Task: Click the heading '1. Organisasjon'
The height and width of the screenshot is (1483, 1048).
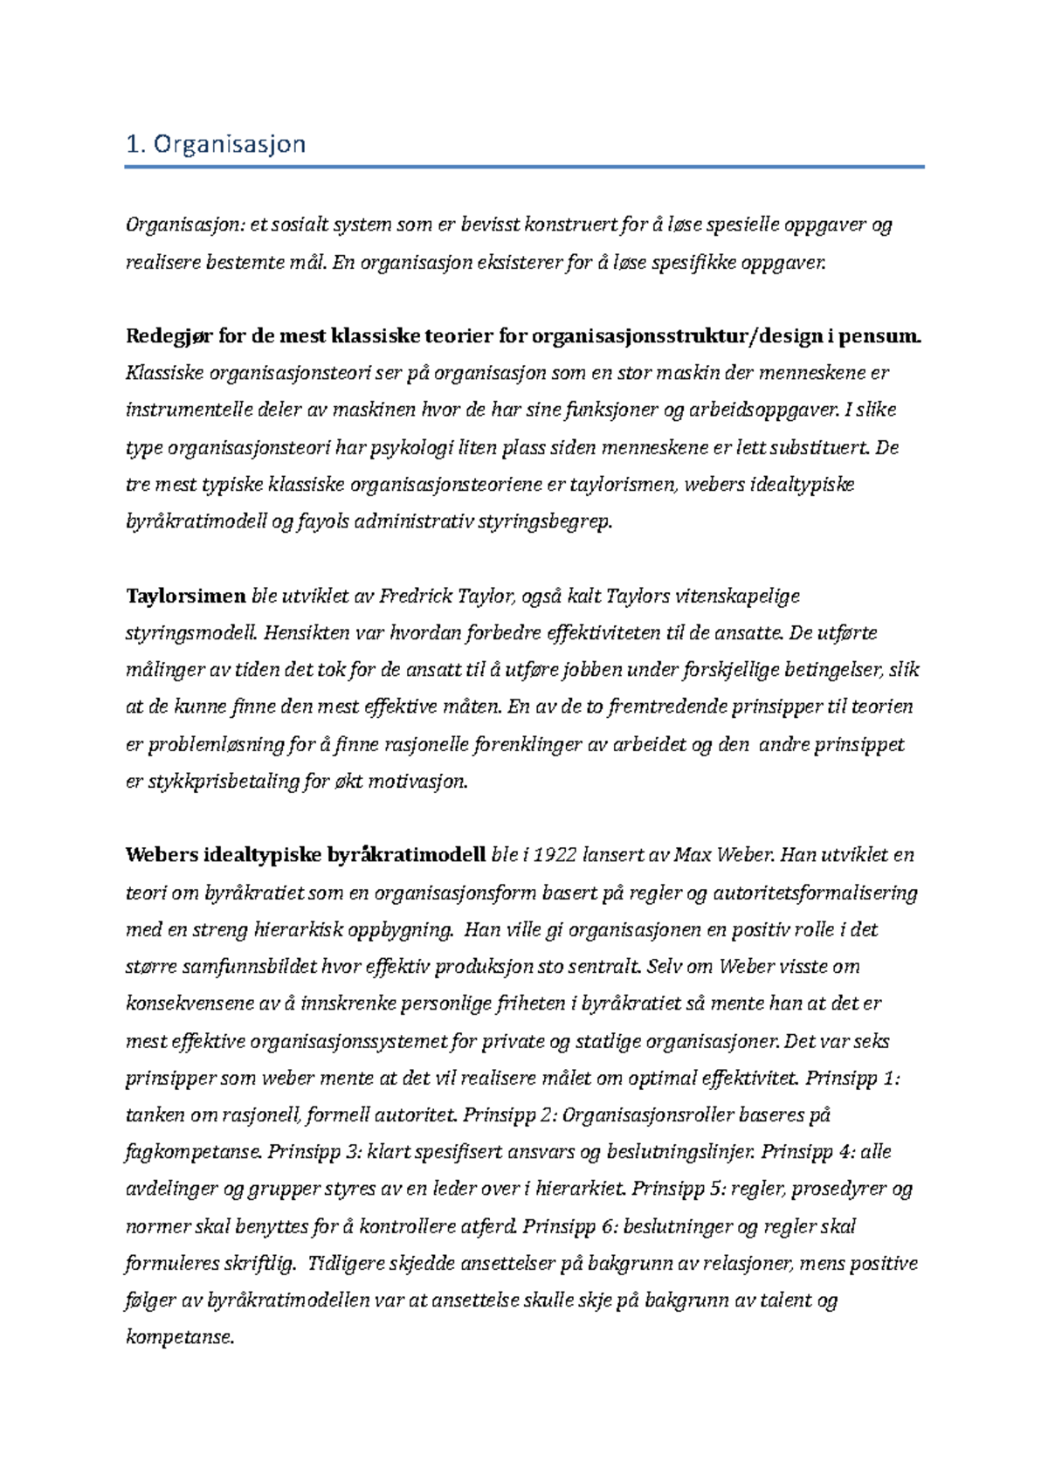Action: pos(216,144)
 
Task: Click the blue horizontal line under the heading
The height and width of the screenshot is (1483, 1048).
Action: pos(524,166)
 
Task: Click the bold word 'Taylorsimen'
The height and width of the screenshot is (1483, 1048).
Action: pos(186,597)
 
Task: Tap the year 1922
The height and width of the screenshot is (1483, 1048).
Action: pos(555,855)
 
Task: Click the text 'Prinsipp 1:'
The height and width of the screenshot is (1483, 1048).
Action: pos(851,1079)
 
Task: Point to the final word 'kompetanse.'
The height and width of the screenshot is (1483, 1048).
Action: pos(181,1337)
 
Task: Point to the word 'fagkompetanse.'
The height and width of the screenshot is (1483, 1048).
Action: pos(194,1153)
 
